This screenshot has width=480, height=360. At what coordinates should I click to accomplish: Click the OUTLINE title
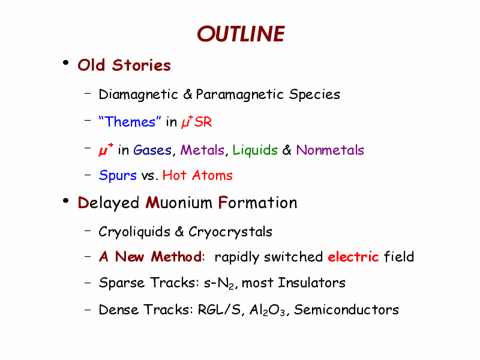click(241, 34)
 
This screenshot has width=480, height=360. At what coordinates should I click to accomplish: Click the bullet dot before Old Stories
click(65, 63)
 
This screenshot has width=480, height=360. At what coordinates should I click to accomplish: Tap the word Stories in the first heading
click(142, 65)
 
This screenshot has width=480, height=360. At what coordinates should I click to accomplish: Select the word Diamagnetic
click(139, 95)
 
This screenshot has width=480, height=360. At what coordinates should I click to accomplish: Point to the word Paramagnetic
click(240, 95)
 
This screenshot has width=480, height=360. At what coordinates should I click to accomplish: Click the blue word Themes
click(130, 122)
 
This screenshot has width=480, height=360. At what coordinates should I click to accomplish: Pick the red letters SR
click(203, 122)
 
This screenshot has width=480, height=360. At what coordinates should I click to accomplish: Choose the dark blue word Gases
click(152, 150)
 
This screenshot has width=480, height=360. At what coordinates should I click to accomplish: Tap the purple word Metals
click(202, 150)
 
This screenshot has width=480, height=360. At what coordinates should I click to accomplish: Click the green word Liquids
click(255, 150)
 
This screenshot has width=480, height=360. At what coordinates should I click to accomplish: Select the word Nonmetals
click(330, 150)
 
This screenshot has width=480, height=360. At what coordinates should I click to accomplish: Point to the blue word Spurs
click(118, 176)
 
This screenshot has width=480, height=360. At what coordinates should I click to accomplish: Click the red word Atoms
click(212, 175)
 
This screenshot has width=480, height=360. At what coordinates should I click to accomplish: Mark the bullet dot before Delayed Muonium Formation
click(65, 201)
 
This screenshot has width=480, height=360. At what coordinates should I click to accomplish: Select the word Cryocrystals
click(230, 232)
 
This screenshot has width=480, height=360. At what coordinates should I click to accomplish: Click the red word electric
click(353, 257)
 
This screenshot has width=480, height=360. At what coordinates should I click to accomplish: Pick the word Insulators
click(311, 283)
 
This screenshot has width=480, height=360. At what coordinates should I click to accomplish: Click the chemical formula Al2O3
click(267, 310)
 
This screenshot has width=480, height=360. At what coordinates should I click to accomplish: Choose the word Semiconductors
click(347, 310)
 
